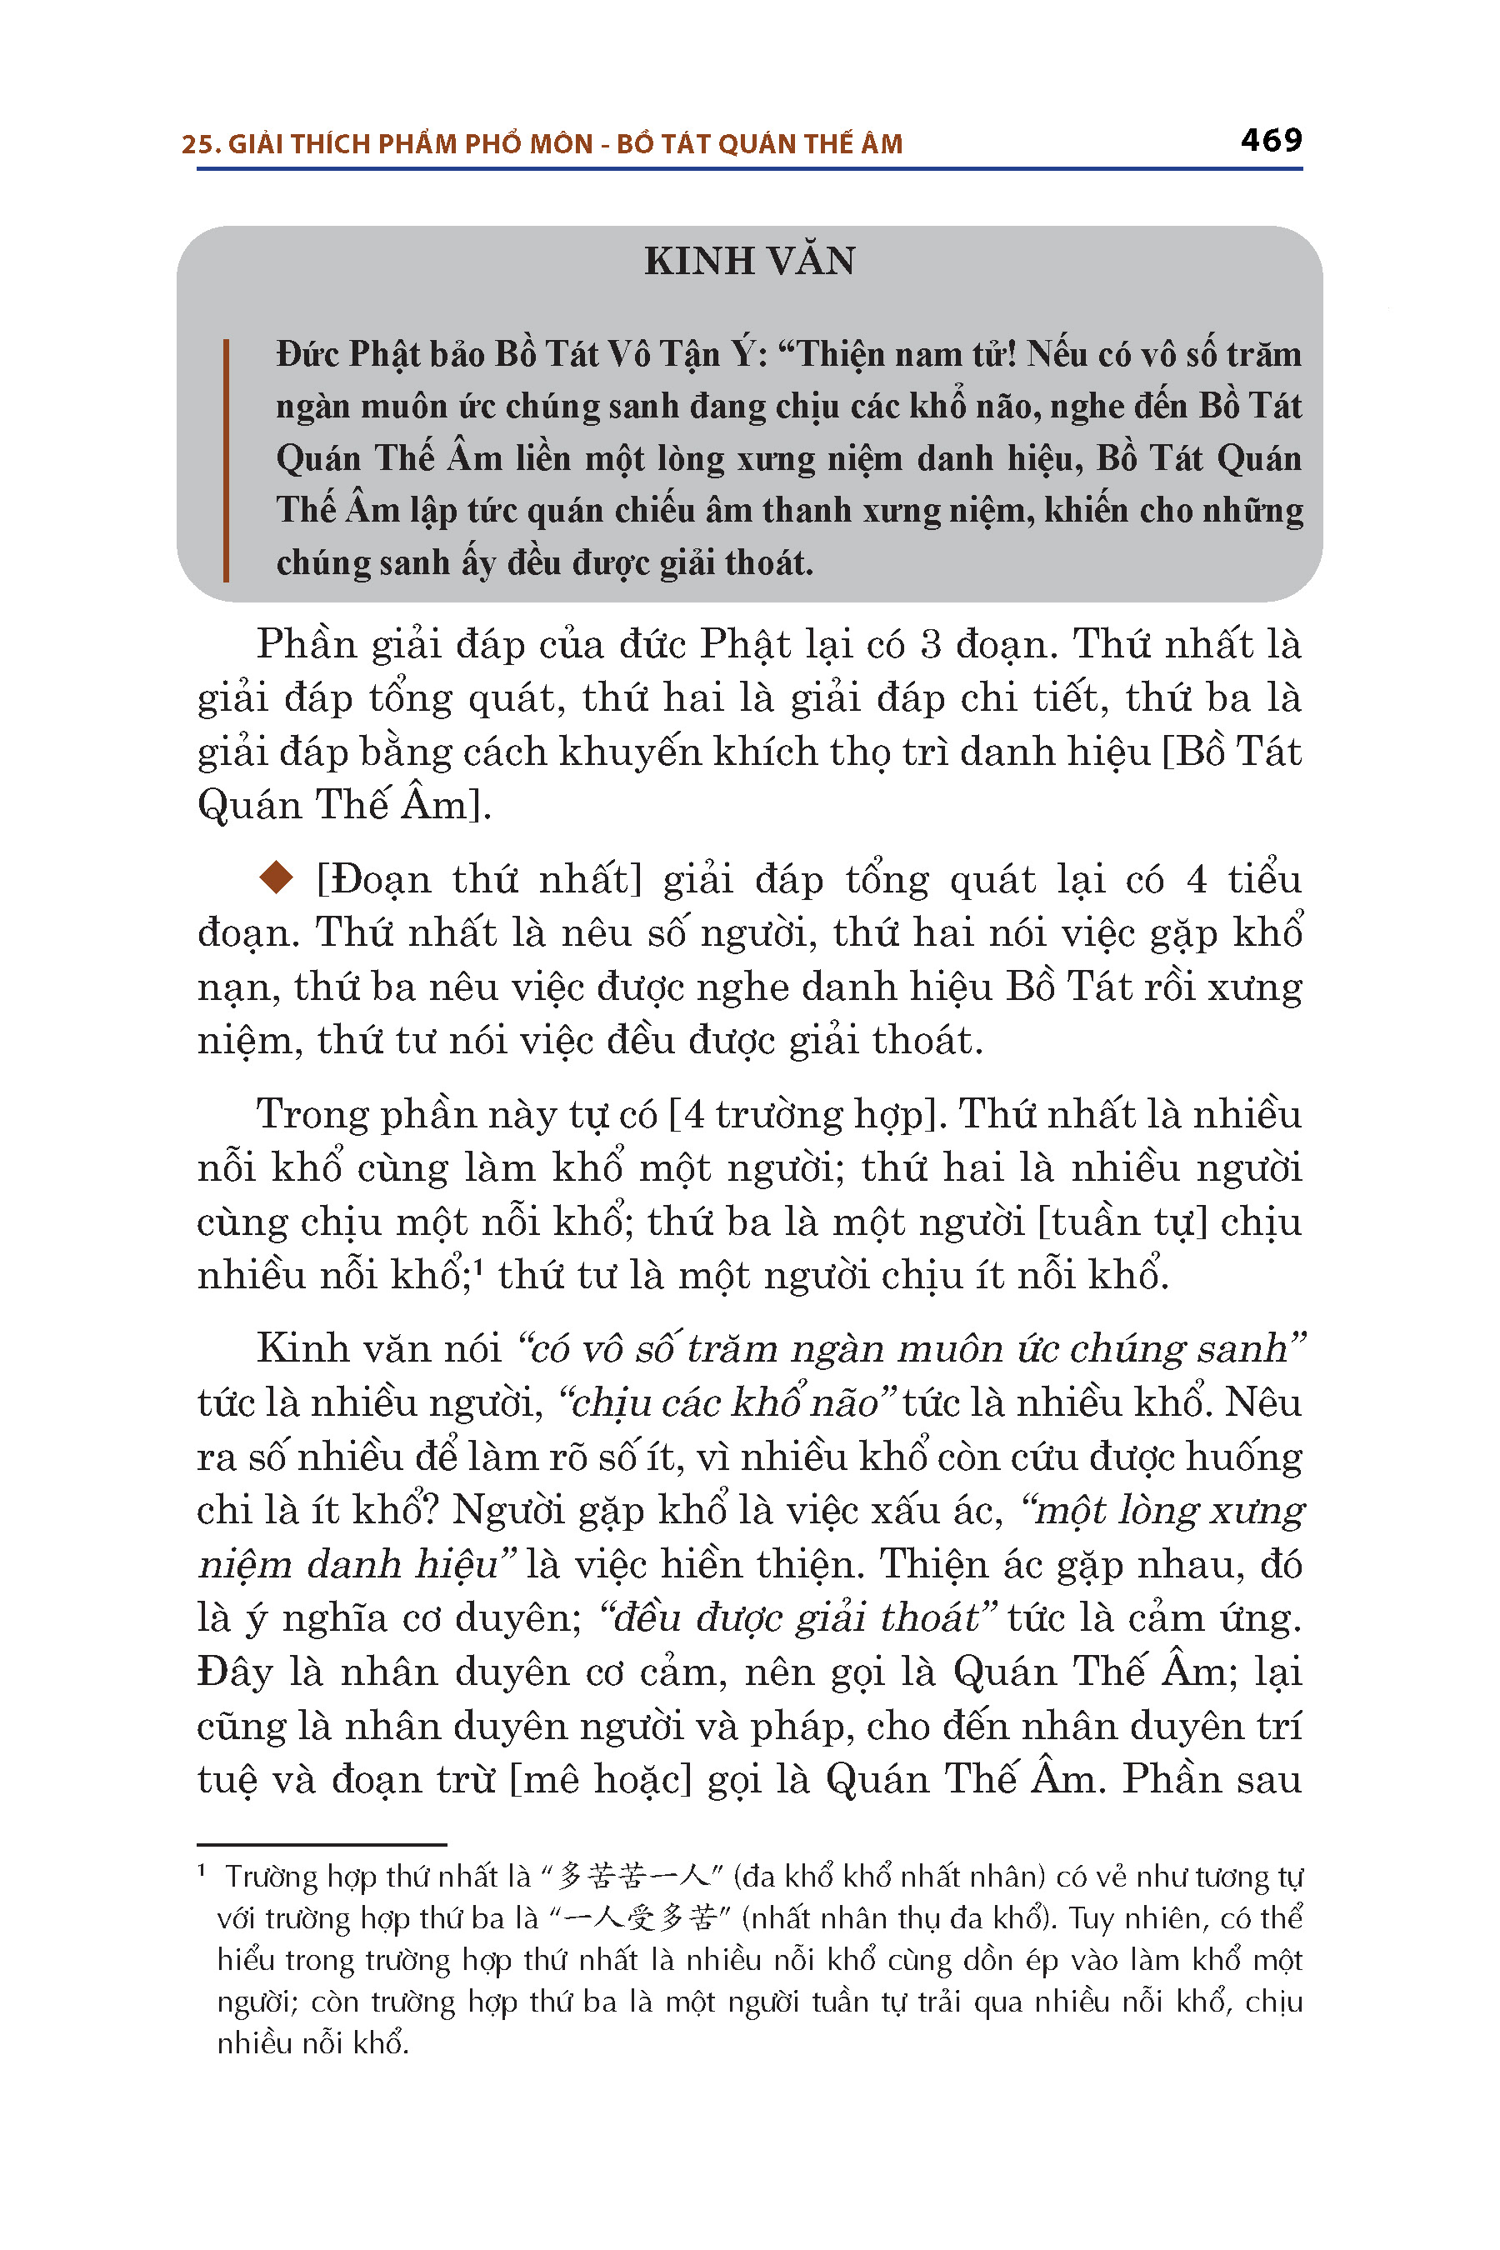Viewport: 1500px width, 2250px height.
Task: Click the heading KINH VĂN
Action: [x=749, y=261]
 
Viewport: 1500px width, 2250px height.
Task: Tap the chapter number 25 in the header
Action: [x=196, y=144]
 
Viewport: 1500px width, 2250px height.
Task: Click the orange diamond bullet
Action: [x=277, y=878]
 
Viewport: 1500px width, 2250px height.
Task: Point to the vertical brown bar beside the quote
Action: [x=226, y=459]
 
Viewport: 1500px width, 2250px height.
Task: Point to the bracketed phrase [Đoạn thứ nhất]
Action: [x=478, y=879]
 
